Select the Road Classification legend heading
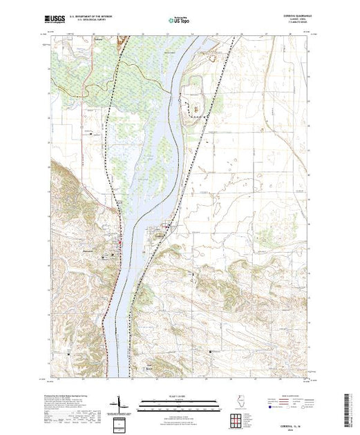[x=288, y=394]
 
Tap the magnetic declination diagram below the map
[x=122, y=401]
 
